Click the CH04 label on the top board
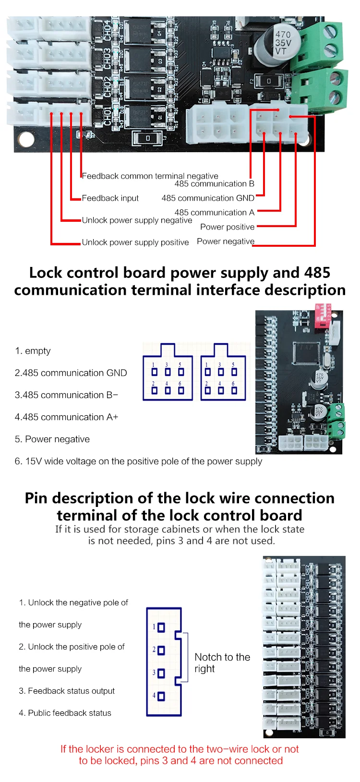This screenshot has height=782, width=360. pyautogui.click(x=107, y=30)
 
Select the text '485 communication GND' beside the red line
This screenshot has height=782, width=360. pyautogui.click(x=208, y=198)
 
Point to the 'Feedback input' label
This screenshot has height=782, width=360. pyautogui.click(x=110, y=198)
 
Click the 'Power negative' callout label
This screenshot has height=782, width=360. pyautogui.click(x=226, y=241)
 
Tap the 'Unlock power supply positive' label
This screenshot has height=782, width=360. pyautogui.click(x=135, y=242)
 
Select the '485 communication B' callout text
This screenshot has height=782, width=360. pyautogui.click(x=214, y=183)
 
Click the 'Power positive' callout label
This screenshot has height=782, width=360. pyautogui.click(x=227, y=227)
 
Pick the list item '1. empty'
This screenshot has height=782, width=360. pyautogui.click(x=33, y=350)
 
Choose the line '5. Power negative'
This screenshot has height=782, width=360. pyautogui.click(x=52, y=439)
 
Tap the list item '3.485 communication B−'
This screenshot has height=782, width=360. pyautogui.click(x=66, y=395)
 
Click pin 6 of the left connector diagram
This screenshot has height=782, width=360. pyautogui.click(x=181, y=390)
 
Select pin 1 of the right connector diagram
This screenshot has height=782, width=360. pyautogui.click(x=207, y=372)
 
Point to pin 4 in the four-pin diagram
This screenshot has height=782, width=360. pyautogui.click(x=161, y=696)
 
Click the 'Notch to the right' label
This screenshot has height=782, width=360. pyautogui.click(x=222, y=662)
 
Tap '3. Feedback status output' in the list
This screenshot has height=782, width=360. pyautogui.click(x=67, y=691)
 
